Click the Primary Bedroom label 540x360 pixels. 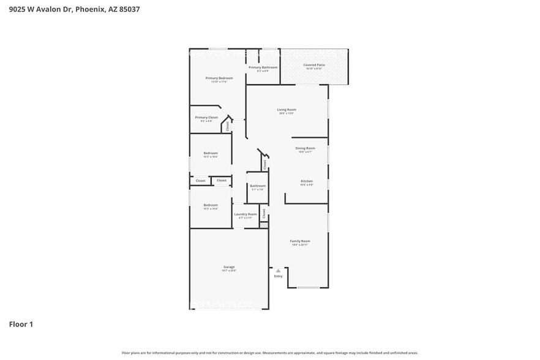tap(219, 78)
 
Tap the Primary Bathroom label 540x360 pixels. tap(263, 67)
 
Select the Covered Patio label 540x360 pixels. tap(314, 64)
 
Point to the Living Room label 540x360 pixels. tap(287, 110)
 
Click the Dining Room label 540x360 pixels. tap(305, 148)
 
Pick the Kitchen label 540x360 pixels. tap(307, 181)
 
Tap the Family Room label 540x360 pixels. tap(300, 241)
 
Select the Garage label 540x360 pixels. tap(229, 267)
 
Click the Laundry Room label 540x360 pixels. tap(246, 214)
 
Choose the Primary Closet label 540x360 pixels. tap(206, 117)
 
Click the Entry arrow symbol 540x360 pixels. tap(278, 270)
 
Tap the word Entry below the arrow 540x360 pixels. tap(279, 276)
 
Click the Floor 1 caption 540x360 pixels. tap(21, 324)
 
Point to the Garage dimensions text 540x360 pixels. tap(229, 271)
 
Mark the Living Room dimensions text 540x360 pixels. tap(287, 113)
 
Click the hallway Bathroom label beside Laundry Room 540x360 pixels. tap(258, 186)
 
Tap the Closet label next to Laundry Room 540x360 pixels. tap(264, 213)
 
